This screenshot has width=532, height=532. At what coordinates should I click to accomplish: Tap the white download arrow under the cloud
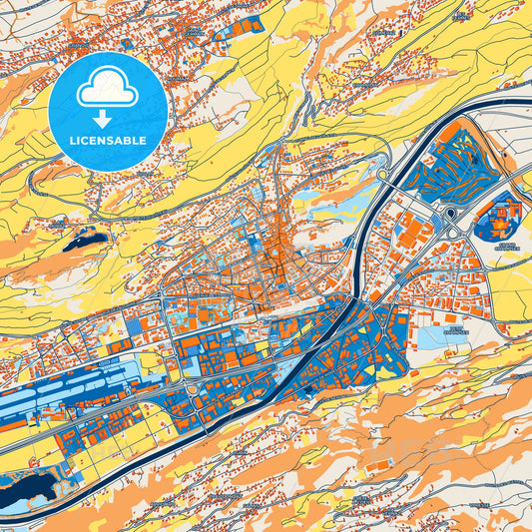[x=108, y=119]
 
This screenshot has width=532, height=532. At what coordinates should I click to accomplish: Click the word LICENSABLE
[x=108, y=140]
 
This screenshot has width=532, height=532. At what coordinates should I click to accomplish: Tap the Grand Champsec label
[x=508, y=247]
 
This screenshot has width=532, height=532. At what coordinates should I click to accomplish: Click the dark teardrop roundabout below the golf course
[x=450, y=214]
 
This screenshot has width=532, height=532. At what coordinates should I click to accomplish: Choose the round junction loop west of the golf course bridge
[x=383, y=176]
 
